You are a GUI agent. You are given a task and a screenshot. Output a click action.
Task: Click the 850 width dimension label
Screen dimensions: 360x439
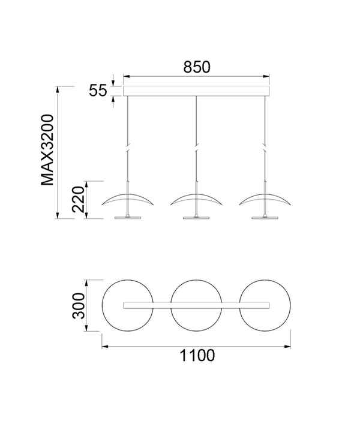coord(196,67)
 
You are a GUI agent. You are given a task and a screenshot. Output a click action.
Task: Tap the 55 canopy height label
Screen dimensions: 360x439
coord(98,91)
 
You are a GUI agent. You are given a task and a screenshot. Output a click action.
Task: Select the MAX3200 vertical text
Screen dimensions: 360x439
coord(47,150)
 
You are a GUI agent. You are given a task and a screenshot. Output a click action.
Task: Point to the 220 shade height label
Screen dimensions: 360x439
coord(78,199)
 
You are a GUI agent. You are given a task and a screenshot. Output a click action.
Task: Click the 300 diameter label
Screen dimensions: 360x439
coord(78,306)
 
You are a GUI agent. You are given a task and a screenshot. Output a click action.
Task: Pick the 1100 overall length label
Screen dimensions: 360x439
coord(197,356)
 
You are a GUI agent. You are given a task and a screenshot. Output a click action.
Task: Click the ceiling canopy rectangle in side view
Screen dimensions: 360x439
coord(196,91)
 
